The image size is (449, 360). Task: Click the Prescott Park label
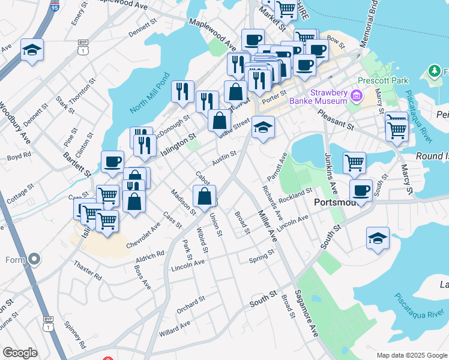(382, 80)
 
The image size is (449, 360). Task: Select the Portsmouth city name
(337, 203)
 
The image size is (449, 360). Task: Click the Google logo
(20, 353)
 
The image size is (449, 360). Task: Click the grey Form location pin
(34, 260)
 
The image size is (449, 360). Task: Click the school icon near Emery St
(32, 49)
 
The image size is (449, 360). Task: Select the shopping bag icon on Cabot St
(205, 196)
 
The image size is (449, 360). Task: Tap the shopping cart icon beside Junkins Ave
(354, 161)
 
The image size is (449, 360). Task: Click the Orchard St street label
(191, 305)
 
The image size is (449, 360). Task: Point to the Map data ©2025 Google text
(412, 355)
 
